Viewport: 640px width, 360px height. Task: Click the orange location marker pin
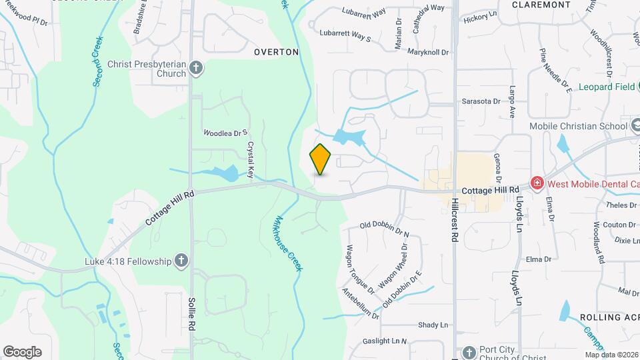[x=321, y=159]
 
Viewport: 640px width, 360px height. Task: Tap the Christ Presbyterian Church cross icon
[x=197, y=67]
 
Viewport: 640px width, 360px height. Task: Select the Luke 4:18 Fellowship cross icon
[x=181, y=261]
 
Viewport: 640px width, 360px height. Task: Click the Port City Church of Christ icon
[x=469, y=351]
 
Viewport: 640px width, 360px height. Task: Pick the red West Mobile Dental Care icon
[x=535, y=183]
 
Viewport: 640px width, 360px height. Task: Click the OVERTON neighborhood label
[x=276, y=51]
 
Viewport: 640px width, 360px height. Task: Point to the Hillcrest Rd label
[x=455, y=220]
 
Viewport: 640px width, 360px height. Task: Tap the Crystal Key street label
[x=251, y=159]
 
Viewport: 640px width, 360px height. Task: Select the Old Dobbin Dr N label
[x=384, y=230]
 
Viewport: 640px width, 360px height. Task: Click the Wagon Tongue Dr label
[x=359, y=269]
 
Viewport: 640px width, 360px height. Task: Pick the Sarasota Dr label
[x=481, y=101]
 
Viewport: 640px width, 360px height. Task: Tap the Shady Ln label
[x=433, y=325]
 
